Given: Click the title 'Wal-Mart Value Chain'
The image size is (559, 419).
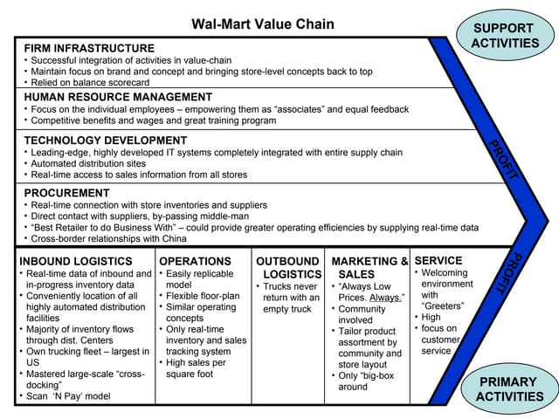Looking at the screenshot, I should click(262, 24).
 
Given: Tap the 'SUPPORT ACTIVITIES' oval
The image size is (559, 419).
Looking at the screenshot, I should click(505, 34).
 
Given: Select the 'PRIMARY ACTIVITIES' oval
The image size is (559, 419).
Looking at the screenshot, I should click(508, 389).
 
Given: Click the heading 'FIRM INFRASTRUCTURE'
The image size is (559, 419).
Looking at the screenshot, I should click(89, 48).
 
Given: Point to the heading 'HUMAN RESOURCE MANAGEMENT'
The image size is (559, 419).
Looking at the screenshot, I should click(118, 97).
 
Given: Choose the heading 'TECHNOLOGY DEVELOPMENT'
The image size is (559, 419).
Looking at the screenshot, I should click(105, 140).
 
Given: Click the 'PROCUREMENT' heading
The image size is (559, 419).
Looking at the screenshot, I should click(66, 193).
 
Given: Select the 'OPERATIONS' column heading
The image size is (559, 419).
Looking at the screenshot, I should click(195, 261).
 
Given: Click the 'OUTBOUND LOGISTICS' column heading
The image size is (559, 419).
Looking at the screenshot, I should click(287, 267).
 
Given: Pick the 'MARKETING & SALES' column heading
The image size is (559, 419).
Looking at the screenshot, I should click(369, 267).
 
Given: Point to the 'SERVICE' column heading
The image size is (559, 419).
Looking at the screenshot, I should click(438, 260).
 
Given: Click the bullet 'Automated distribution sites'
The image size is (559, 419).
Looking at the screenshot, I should click(87, 163).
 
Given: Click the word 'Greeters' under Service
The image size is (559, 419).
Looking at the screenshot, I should click(443, 306).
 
